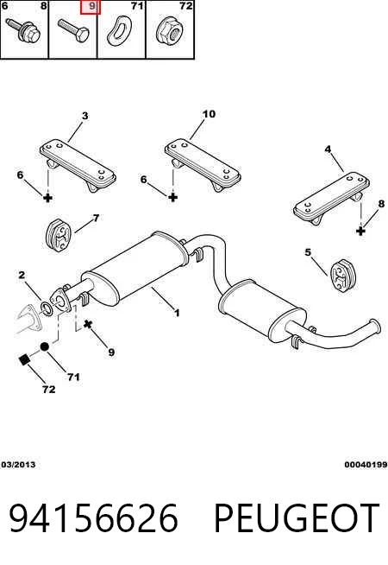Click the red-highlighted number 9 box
[x=90, y=7]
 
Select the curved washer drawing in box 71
[x=119, y=30]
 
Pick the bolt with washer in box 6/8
[x=24, y=29]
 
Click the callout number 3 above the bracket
[x=84, y=116]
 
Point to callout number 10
[x=209, y=114]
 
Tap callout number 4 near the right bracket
[x=328, y=149]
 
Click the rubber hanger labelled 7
[x=59, y=234]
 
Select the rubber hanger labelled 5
[x=342, y=276]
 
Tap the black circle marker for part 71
[x=44, y=346]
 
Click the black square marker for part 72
[x=24, y=359]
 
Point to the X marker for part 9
[x=88, y=324]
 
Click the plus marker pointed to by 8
[x=360, y=231]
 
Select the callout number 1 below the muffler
[x=177, y=313]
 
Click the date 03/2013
[x=18, y=465]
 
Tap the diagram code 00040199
[x=366, y=465]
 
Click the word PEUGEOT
[x=297, y=518]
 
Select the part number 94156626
[x=93, y=518]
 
